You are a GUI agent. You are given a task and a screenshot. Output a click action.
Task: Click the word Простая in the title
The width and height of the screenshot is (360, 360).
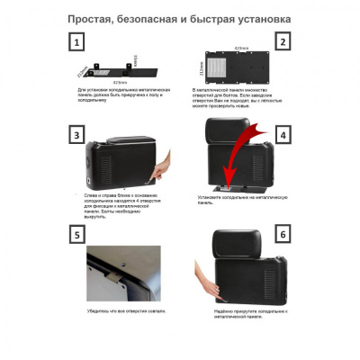(93, 16)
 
